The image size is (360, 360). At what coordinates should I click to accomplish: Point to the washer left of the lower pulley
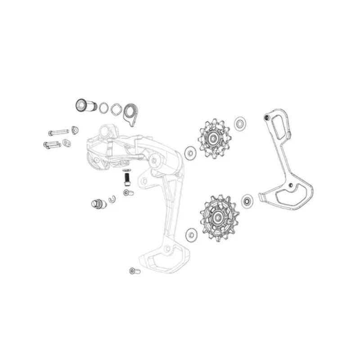pos(190,234)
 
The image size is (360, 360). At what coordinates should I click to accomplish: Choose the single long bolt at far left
pos(58,132)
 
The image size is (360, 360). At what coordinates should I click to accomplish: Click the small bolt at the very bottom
pos(134,270)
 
